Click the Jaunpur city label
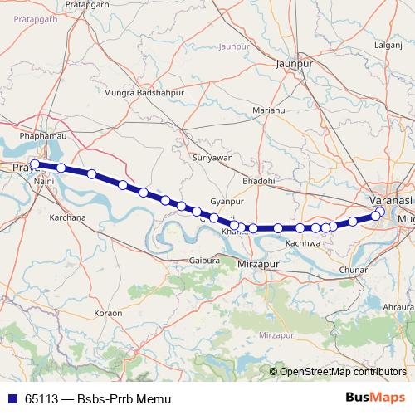(296, 61)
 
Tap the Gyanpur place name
(227, 202)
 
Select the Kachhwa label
(302, 243)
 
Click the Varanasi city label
(390, 201)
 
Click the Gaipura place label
(204, 260)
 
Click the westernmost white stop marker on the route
(34, 164)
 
